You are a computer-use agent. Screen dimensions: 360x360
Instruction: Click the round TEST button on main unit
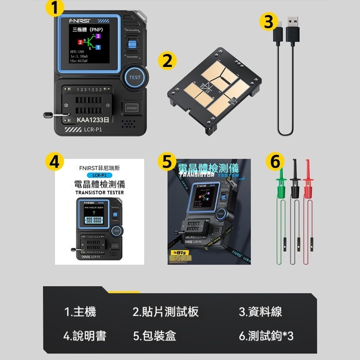135,77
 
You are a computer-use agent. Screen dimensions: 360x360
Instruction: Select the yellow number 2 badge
167,62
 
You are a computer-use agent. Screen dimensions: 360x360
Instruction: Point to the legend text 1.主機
80,312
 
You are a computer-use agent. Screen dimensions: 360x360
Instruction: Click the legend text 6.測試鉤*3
266,336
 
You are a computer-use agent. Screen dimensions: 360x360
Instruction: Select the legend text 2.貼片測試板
166,312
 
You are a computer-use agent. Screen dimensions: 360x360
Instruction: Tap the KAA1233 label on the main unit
90,119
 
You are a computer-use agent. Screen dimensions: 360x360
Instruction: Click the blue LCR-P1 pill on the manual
99,175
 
